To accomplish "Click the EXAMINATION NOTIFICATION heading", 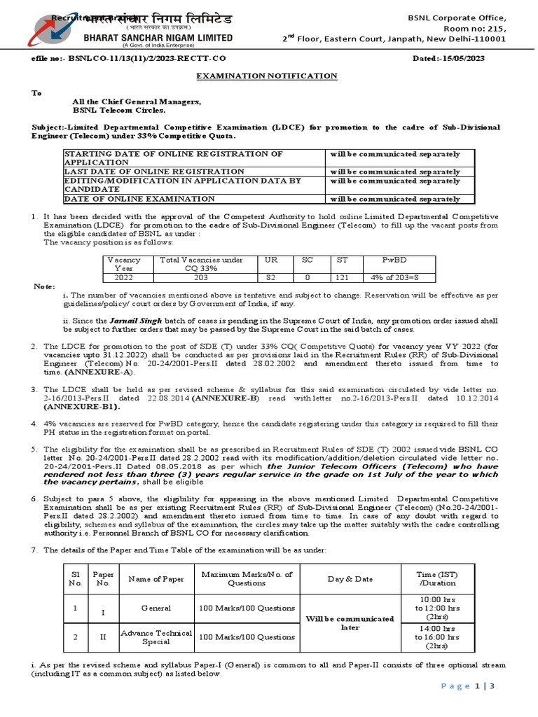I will [x=265, y=76].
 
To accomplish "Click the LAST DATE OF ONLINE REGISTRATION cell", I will [x=154, y=172].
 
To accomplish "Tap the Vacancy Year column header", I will [x=123, y=264].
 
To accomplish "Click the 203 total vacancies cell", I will [x=191, y=277].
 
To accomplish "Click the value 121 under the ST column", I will [x=342, y=277].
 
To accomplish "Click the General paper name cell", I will [x=156, y=608].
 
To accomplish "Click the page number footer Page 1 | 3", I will [x=468, y=686].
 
